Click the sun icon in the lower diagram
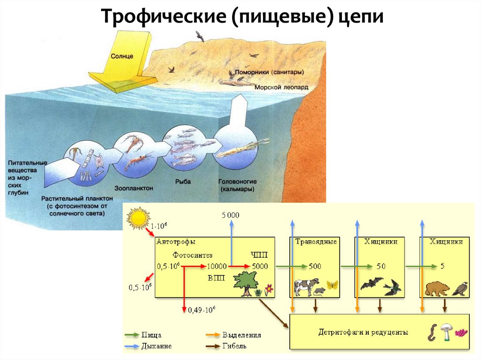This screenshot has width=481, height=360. pos(137,218)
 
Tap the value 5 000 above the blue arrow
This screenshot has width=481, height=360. pos(230,215)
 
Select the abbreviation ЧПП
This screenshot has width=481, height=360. pos(259,255)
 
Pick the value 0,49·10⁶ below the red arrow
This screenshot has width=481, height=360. pos(202,310)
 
